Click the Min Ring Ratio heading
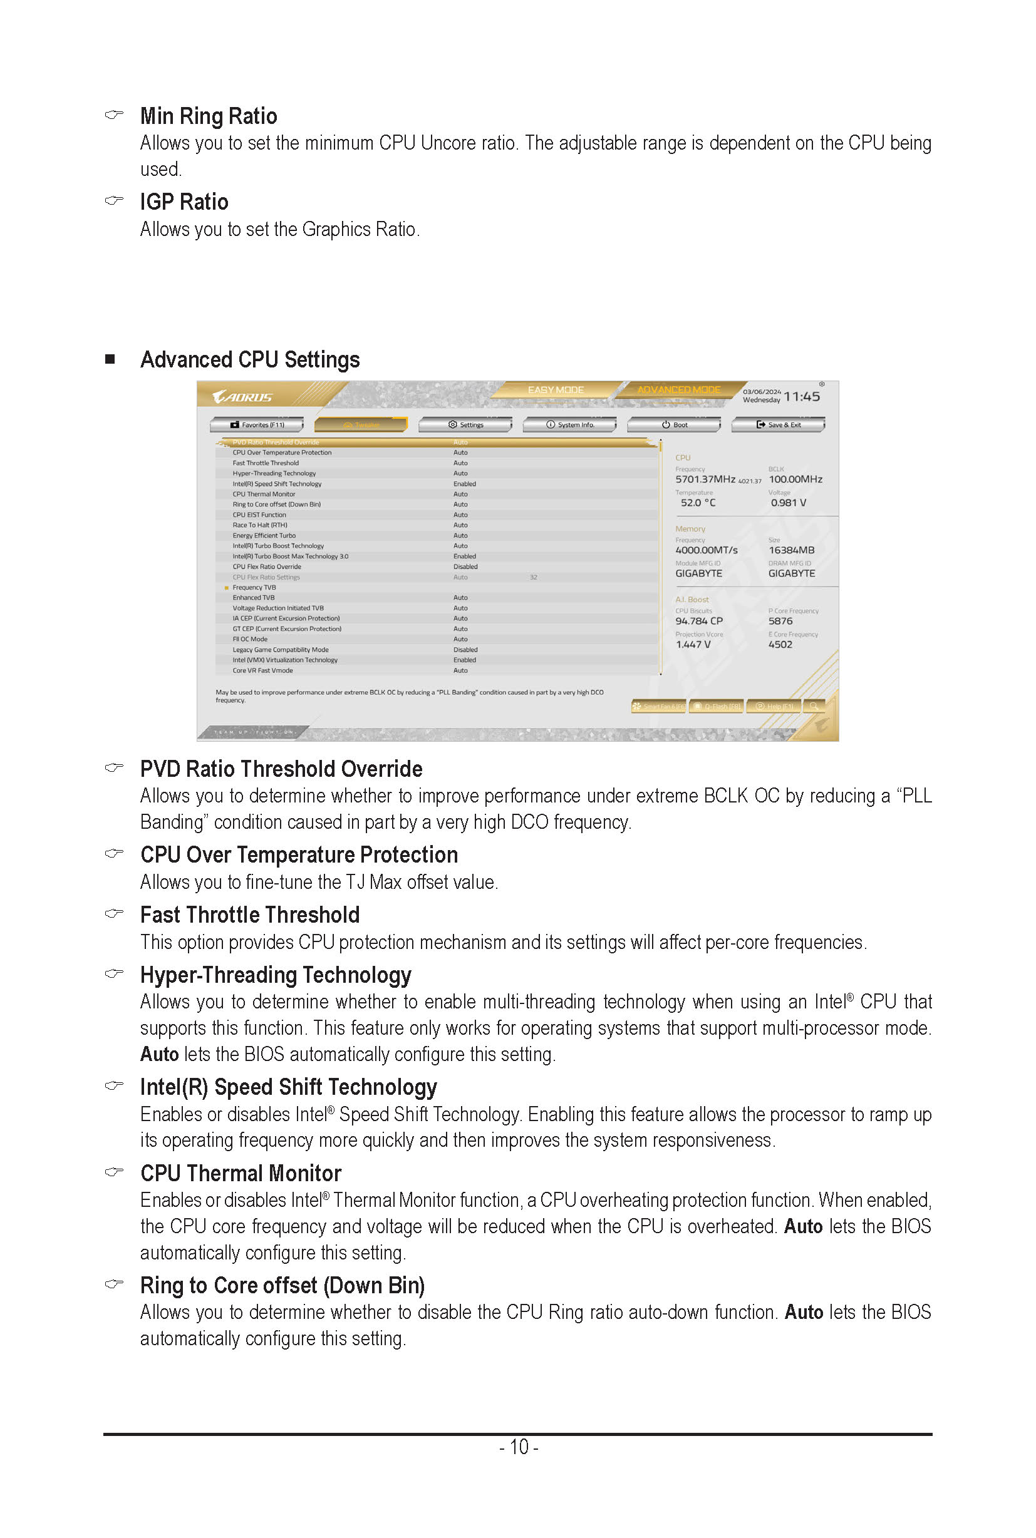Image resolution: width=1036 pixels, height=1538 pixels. pos(208,116)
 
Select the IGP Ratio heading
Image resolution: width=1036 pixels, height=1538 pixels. pos(184,202)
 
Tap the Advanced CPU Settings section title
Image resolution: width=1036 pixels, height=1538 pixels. pos(250,360)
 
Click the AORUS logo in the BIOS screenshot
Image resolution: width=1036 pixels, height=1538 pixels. pos(242,397)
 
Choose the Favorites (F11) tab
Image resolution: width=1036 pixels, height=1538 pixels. pos(257,424)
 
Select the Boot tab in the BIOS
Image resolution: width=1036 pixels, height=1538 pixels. pos(675,424)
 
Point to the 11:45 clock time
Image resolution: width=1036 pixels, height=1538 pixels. pos(802,397)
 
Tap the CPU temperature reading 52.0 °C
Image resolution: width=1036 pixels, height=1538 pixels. pos(698,503)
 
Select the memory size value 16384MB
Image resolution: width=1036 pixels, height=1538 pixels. pos(791,550)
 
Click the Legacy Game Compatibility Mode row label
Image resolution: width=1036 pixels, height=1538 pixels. pos(280,650)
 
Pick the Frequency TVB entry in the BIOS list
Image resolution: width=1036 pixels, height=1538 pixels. pos(254,588)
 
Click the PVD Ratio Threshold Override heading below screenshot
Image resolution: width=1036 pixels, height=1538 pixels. pos(281,769)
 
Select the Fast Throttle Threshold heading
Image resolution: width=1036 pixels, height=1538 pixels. pos(250,915)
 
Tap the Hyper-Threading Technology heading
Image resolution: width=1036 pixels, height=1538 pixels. pos(276,975)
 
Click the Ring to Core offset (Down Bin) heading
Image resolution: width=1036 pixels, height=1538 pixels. pos(282,1286)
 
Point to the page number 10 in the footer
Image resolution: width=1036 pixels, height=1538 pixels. pos(519,1447)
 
